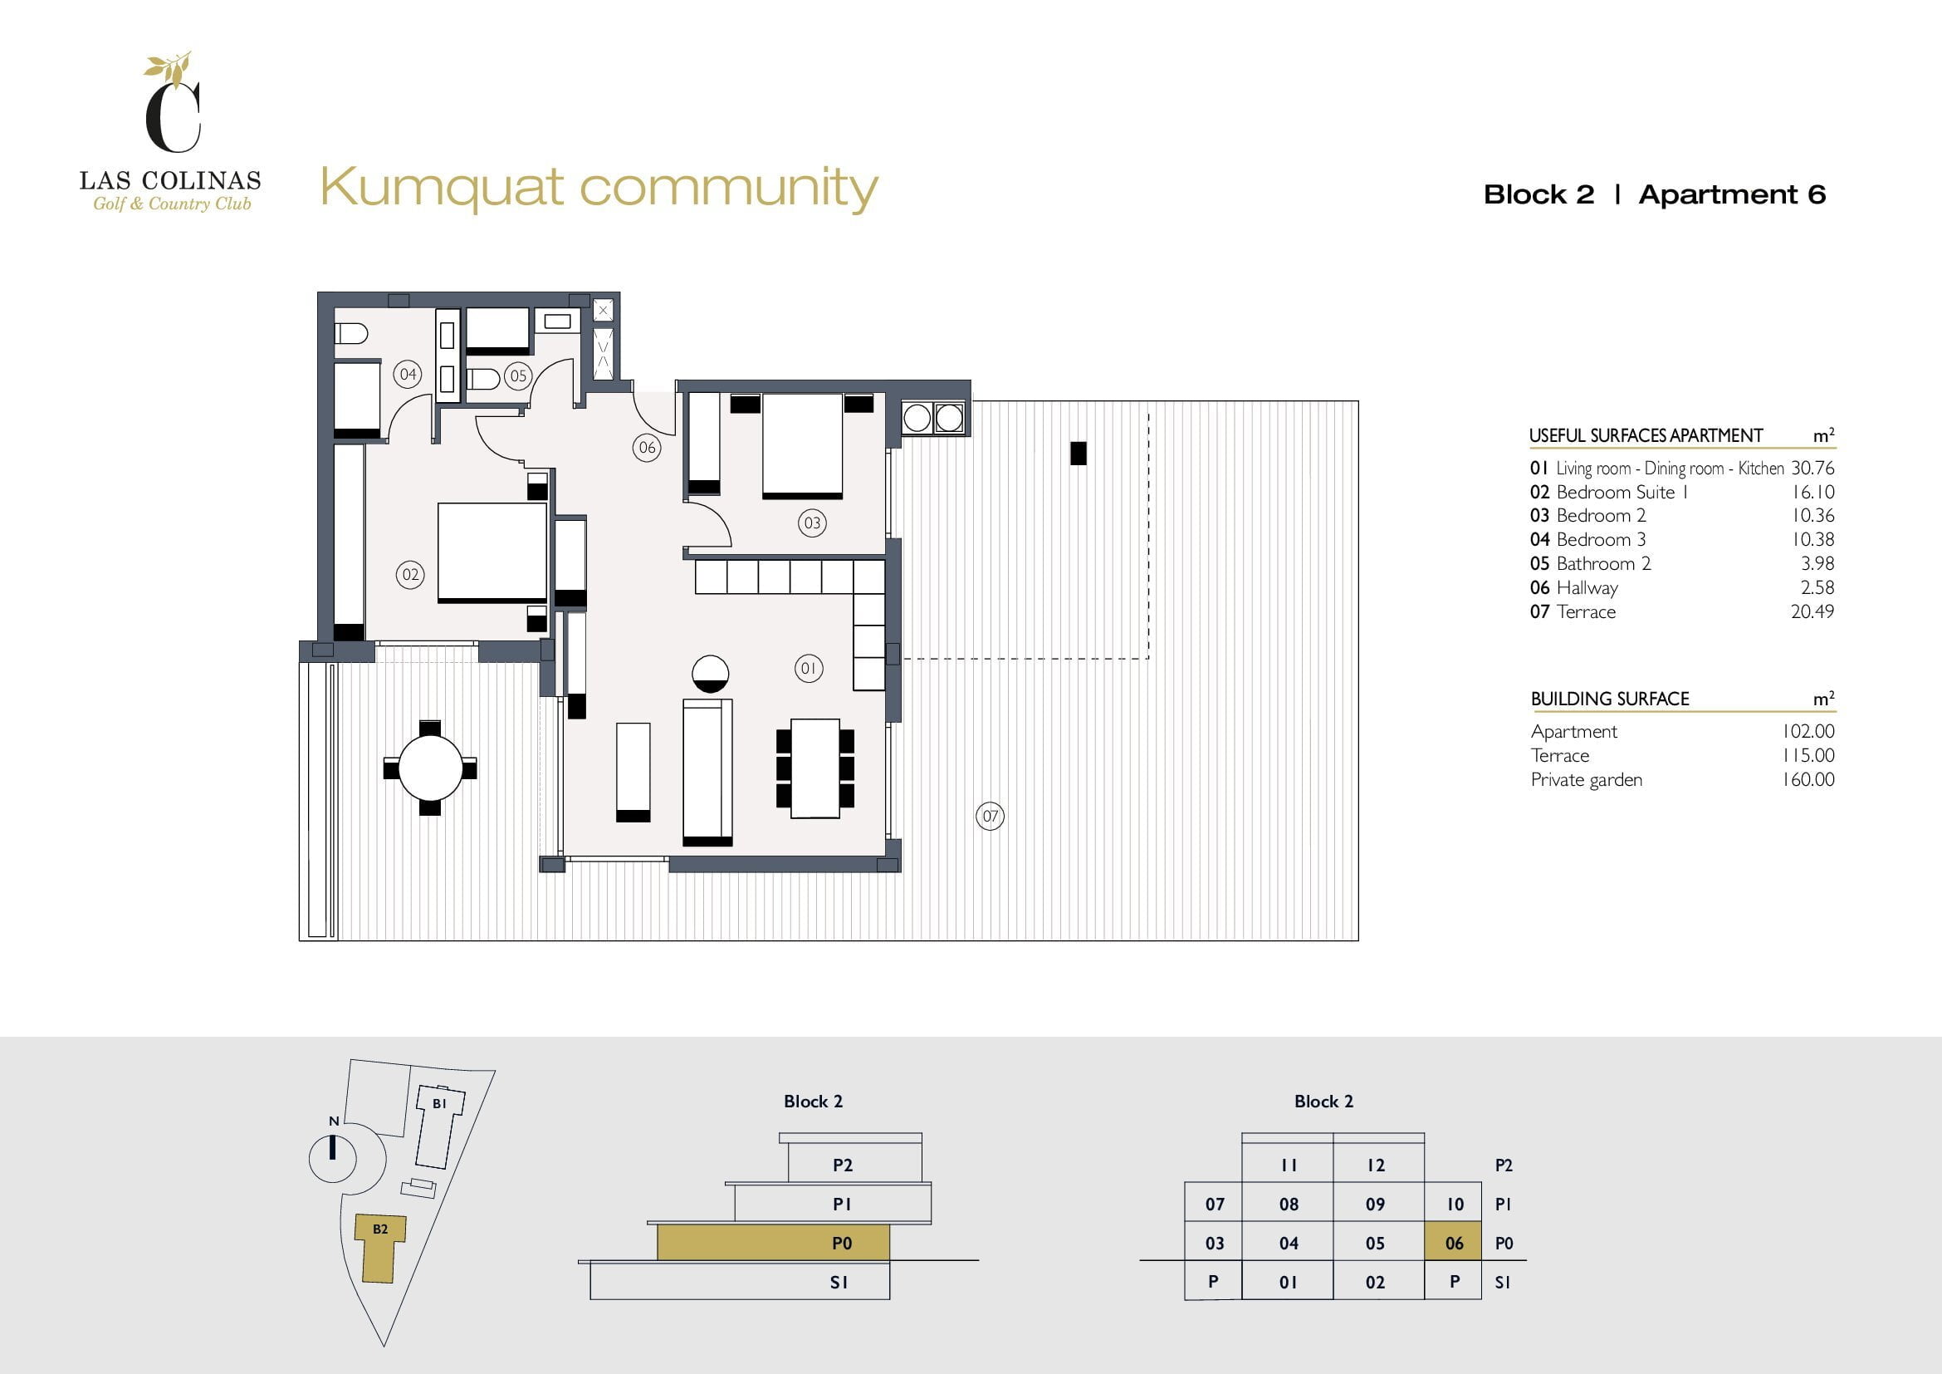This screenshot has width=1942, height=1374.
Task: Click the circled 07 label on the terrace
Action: [990, 817]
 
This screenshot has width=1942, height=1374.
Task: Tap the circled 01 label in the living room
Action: [809, 669]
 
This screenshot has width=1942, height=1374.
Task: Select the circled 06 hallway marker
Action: [647, 448]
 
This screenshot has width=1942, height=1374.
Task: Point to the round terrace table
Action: [431, 768]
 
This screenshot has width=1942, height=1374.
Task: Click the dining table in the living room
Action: [815, 768]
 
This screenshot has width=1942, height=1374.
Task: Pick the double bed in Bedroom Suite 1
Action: [492, 553]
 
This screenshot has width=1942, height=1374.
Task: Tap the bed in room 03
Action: [802, 446]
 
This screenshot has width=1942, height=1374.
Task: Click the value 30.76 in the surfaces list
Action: [1812, 468]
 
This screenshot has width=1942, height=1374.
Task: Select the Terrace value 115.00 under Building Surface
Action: [1807, 755]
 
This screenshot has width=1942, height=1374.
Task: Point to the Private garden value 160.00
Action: [1807, 779]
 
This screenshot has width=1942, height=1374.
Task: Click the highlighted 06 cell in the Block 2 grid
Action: [1453, 1242]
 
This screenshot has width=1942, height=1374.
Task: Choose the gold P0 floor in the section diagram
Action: [773, 1243]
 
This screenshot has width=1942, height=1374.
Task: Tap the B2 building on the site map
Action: [379, 1247]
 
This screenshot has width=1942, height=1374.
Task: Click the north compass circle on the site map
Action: [333, 1158]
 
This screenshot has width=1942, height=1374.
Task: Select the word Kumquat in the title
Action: [442, 188]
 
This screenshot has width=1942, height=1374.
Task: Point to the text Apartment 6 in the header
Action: [1732, 194]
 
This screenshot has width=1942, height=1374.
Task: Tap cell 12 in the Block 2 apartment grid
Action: [1376, 1165]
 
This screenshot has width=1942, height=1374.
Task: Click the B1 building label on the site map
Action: [439, 1103]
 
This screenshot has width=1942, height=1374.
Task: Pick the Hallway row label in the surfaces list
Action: [1587, 588]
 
